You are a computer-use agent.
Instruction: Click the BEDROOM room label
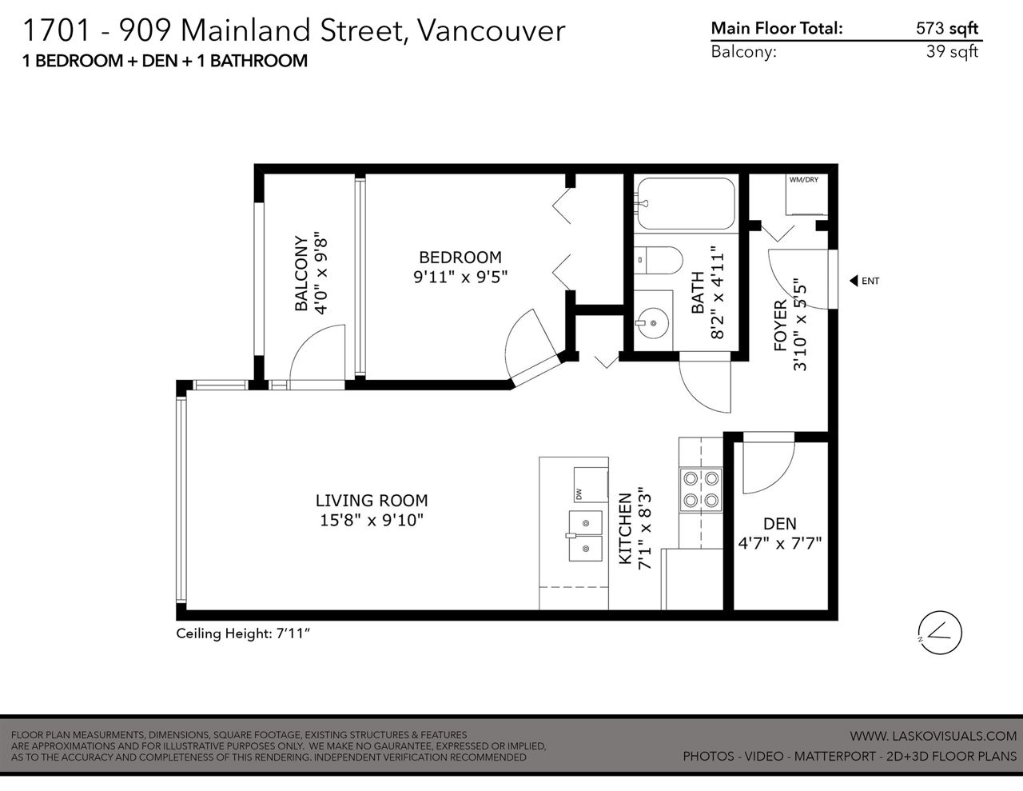pyautogui.click(x=460, y=258)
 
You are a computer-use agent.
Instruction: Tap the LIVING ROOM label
pyautogui.click(x=372, y=501)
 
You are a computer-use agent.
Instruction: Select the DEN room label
pyautogui.click(x=779, y=524)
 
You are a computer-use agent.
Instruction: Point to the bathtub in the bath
pyautogui.click(x=686, y=203)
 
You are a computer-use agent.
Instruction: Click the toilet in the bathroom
pyautogui.click(x=658, y=260)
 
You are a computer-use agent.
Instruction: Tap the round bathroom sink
pyautogui.click(x=653, y=323)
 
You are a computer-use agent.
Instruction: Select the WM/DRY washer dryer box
pyautogui.click(x=806, y=194)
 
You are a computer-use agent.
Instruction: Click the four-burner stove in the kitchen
pyautogui.click(x=701, y=490)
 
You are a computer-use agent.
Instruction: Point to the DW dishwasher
pyautogui.click(x=591, y=485)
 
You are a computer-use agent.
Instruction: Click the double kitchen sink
pyautogui.click(x=585, y=536)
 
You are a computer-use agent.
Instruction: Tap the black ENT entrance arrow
pyautogui.click(x=854, y=281)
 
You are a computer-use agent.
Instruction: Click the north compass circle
pyautogui.click(x=940, y=633)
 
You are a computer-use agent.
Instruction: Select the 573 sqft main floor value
pyautogui.click(x=947, y=29)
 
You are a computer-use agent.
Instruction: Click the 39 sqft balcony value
pyautogui.click(x=952, y=51)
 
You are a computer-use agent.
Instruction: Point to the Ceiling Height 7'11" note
pyautogui.click(x=243, y=633)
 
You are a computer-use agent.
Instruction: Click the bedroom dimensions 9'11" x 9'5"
pyautogui.click(x=460, y=277)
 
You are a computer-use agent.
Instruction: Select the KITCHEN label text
pyautogui.click(x=624, y=529)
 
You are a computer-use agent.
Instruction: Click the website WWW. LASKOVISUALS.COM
pyautogui.click(x=933, y=736)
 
